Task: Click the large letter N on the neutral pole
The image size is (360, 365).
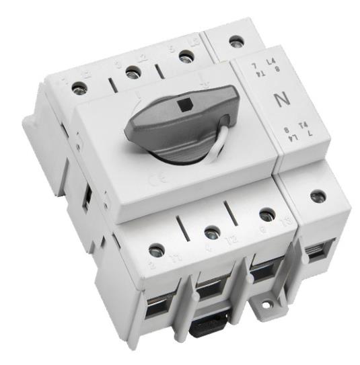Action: [279, 101]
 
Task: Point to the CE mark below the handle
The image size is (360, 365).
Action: [152, 179]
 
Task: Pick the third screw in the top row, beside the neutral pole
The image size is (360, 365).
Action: [184, 58]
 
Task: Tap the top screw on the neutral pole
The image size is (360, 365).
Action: [236, 42]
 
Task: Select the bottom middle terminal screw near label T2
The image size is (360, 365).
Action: [212, 233]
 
